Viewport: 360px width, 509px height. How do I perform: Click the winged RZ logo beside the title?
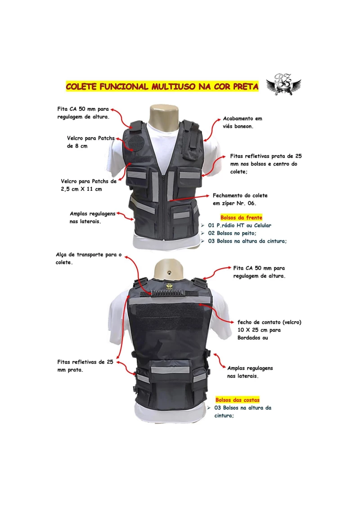[x=283, y=85]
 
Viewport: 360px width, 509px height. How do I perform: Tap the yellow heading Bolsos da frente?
[x=241, y=217]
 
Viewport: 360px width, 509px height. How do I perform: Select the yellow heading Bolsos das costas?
[x=238, y=400]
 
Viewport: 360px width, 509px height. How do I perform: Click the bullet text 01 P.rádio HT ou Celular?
[x=239, y=225]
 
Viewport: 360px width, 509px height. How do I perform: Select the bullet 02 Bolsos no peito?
[x=232, y=233]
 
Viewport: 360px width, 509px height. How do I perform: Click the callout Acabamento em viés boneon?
[x=243, y=122]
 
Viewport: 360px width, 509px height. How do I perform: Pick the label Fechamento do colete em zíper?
[x=240, y=199]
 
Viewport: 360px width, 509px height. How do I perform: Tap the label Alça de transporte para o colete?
[x=89, y=258]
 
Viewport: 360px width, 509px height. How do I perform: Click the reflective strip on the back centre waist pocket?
[x=170, y=370]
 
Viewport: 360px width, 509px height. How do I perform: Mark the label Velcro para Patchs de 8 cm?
[x=90, y=142]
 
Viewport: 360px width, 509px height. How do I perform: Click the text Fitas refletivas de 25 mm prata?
[x=85, y=366]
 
